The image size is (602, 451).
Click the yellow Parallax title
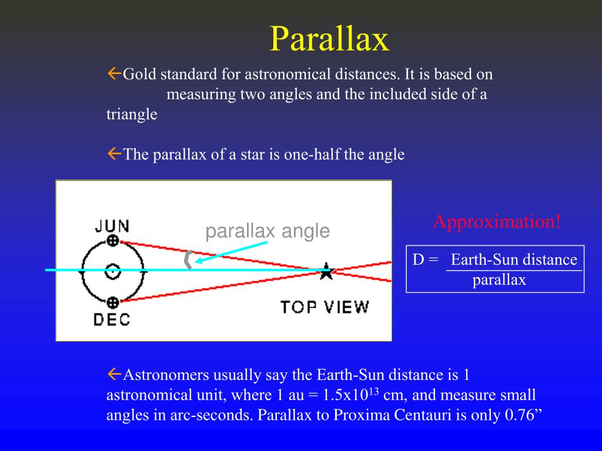[329, 39]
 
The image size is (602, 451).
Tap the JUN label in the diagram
[112, 226]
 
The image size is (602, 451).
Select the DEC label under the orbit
[112, 319]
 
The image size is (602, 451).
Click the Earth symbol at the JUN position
[112, 241]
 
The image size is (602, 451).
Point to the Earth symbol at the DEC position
[112, 303]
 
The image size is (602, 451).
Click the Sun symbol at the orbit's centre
[112, 272]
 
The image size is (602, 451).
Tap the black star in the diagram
[326, 271]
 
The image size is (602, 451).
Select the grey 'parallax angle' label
[267, 231]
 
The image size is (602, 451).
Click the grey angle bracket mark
[188, 260]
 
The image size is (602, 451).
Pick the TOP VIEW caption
[325, 307]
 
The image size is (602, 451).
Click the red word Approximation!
[497, 221]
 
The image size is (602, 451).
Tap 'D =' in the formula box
[426, 260]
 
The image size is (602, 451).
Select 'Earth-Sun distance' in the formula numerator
[514, 260]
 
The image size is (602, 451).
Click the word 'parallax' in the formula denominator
[499, 280]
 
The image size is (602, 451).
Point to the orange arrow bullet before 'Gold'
[115, 73]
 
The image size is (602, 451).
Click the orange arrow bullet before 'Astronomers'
[115, 373]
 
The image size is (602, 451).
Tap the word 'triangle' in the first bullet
[132, 115]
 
